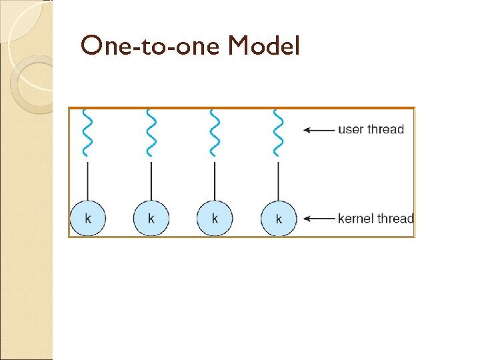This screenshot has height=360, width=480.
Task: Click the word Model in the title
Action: tap(265, 47)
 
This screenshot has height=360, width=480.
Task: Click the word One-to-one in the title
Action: tap(151, 47)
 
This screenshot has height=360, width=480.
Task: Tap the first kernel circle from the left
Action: tap(88, 217)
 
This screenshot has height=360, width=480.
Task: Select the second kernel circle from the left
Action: tap(151, 217)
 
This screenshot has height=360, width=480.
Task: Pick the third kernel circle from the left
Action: tap(215, 217)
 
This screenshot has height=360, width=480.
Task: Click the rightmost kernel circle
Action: tap(278, 218)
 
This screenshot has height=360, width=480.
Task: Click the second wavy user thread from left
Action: tap(151, 132)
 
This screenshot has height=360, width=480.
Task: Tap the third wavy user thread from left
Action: tap(215, 132)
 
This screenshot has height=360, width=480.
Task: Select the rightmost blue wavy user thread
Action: tap(278, 132)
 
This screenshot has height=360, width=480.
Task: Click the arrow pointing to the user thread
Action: tap(319, 130)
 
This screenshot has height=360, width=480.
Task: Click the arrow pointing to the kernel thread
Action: tap(319, 218)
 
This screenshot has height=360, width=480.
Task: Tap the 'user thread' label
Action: tap(371, 129)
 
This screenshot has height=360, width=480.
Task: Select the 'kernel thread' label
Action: tap(376, 218)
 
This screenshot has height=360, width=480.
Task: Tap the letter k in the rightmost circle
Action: tap(278, 219)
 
